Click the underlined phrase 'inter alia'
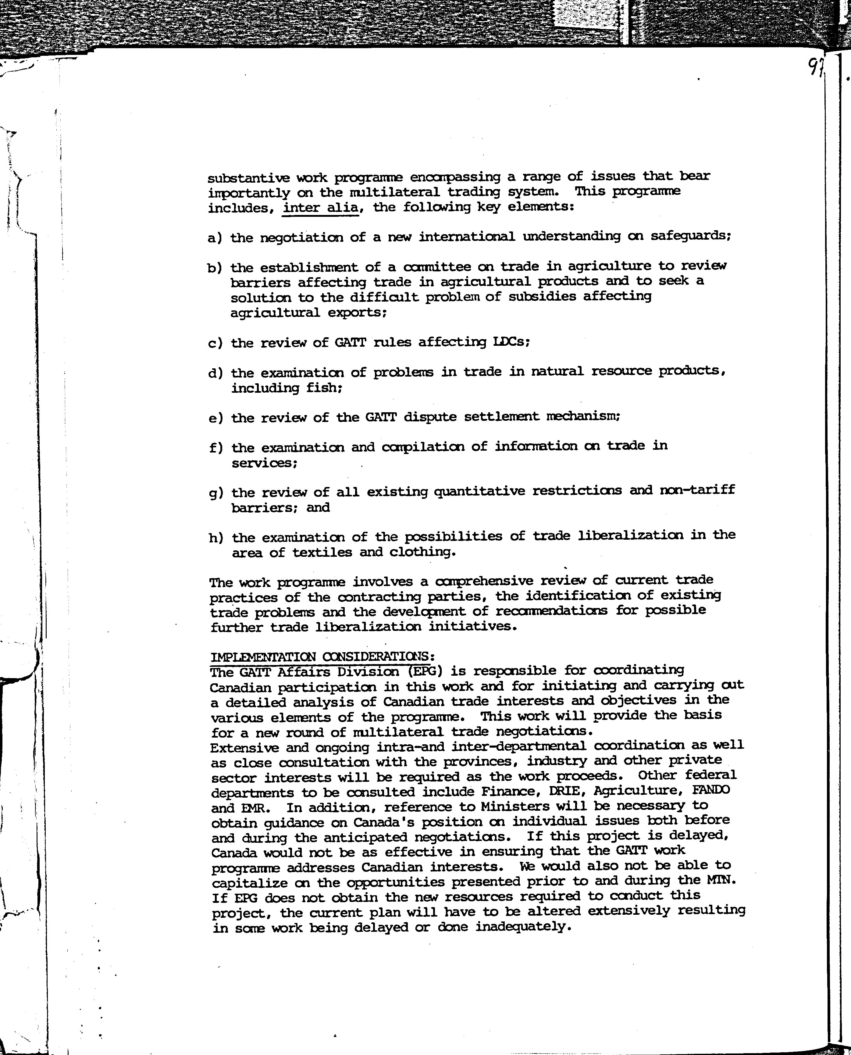(x=321, y=208)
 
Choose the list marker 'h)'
(x=216, y=538)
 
